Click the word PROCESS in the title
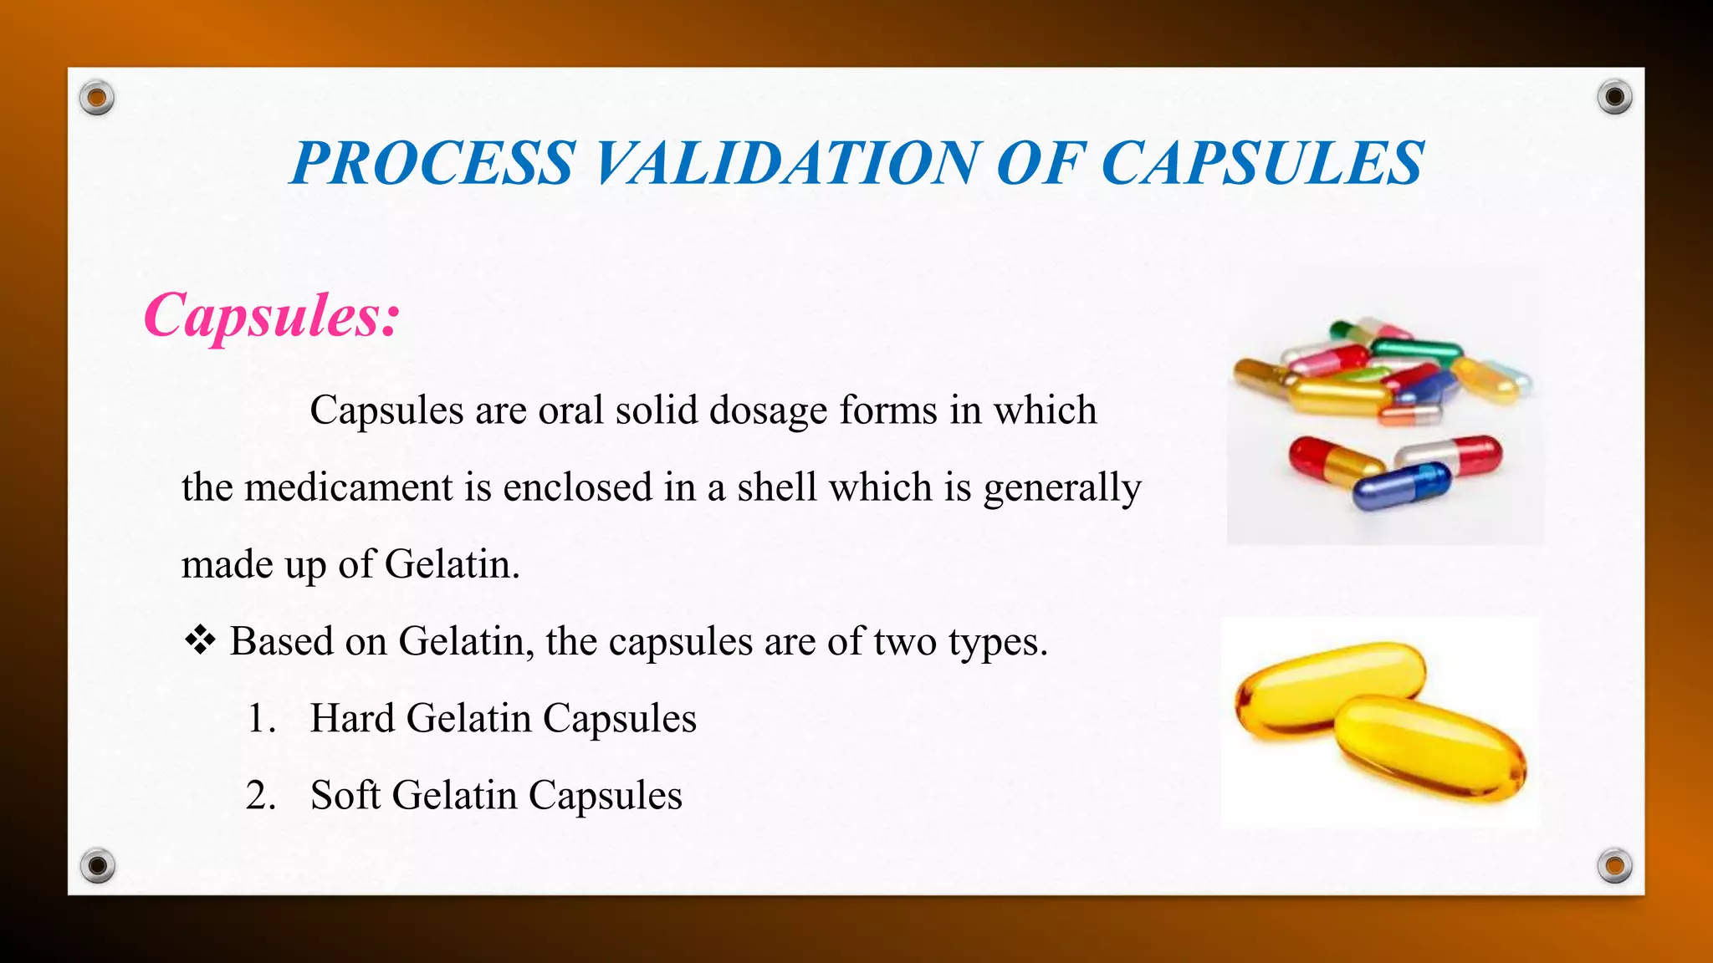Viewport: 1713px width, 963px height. (432, 163)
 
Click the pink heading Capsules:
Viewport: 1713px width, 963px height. (272, 316)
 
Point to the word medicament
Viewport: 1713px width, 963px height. (348, 487)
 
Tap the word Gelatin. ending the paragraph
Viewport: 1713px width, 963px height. (453, 564)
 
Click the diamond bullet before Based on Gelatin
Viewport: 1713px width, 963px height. (200, 642)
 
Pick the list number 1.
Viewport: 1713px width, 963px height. (261, 719)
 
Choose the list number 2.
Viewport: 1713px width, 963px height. (261, 796)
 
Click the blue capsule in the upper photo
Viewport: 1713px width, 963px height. (1401, 486)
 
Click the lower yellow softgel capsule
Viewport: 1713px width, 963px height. (1430, 748)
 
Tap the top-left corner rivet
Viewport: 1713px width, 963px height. (97, 99)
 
